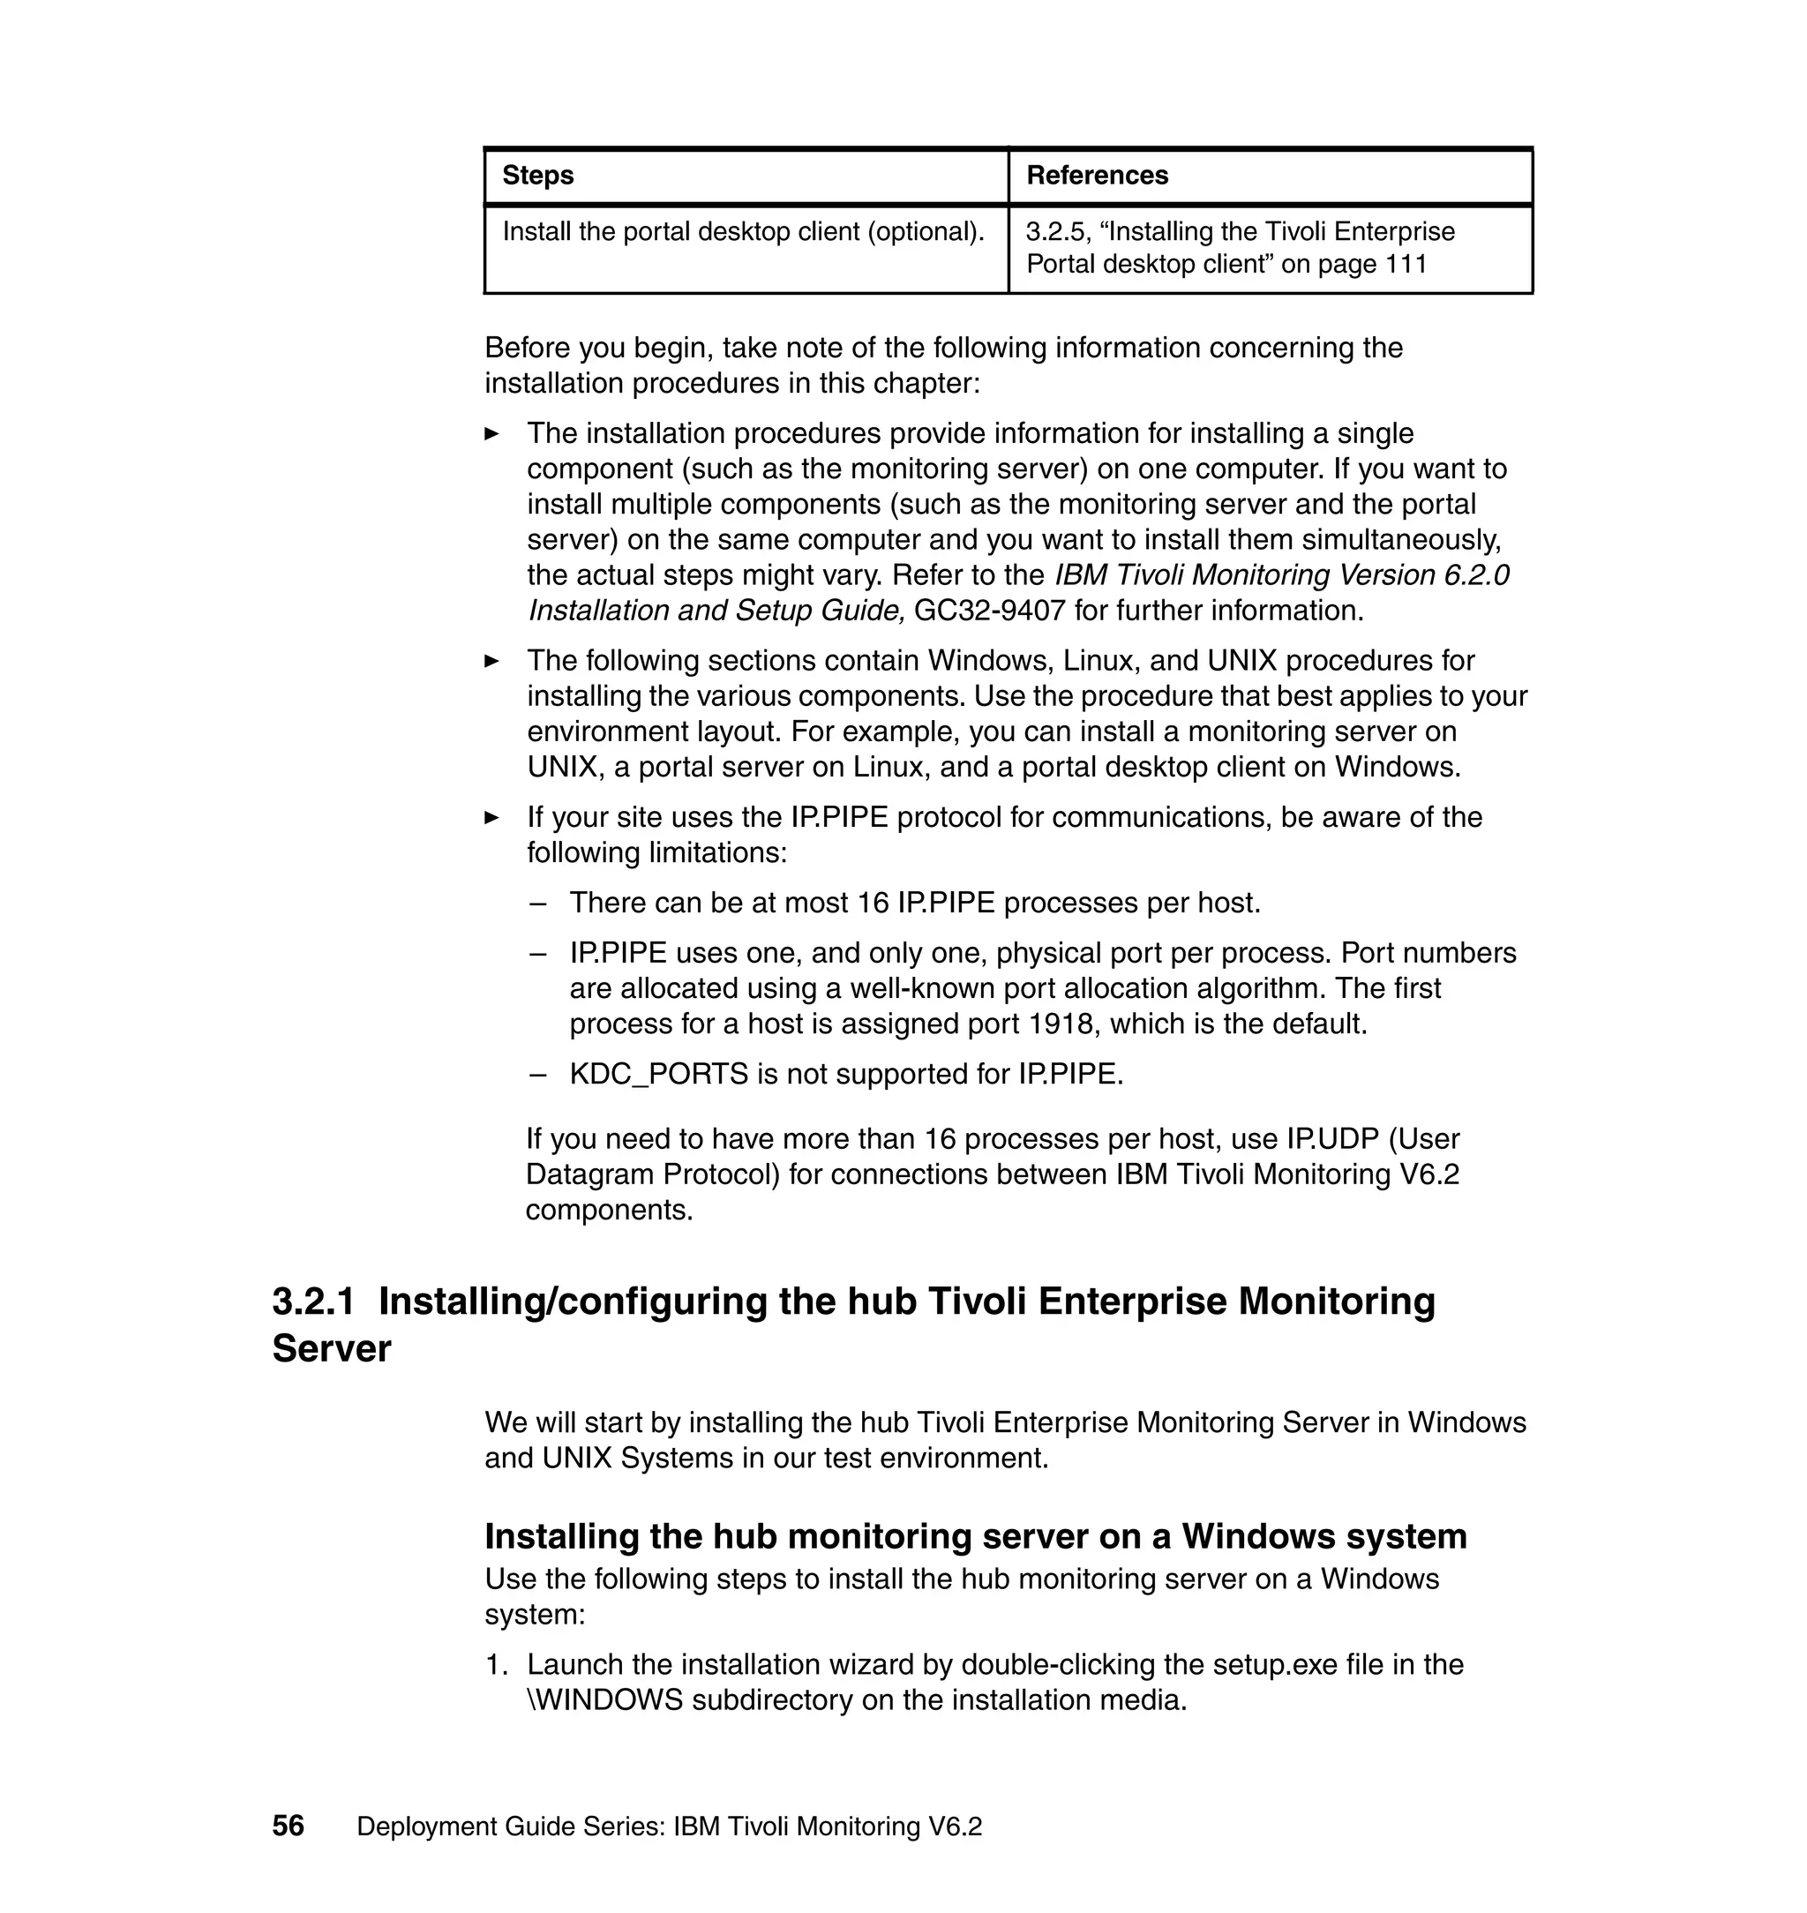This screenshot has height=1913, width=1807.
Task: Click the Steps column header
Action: pyautogui.click(x=537, y=176)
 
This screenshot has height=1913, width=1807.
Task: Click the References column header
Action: pyautogui.click(x=1096, y=176)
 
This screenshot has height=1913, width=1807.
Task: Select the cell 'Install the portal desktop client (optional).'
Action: pyautogui.click(x=743, y=232)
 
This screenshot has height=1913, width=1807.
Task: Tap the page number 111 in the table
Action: pyautogui.click(x=1406, y=265)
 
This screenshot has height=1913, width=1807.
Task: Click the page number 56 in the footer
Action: pyautogui.click(x=288, y=1827)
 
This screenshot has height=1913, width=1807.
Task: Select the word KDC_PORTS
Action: pyautogui.click(x=659, y=1074)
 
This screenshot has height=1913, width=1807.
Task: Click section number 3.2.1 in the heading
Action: pyautogui.click(x=313, y=1302)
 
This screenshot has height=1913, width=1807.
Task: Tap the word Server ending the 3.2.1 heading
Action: pyautogui.click(x=332, y=1348)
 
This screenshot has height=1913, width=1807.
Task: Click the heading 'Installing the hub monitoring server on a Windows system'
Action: pyautogui.click(x=975, y=1535)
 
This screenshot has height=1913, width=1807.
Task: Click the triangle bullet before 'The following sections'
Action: pyautogui.click(x=491, y=661)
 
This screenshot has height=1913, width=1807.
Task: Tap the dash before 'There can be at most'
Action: pyautogui.click(x=537, y=904)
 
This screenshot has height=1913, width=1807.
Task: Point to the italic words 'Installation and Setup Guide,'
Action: pyautogui.click(x=716, y=611)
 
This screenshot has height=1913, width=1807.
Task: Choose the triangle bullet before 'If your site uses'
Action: pyautogui.click(x=491, y=818)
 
